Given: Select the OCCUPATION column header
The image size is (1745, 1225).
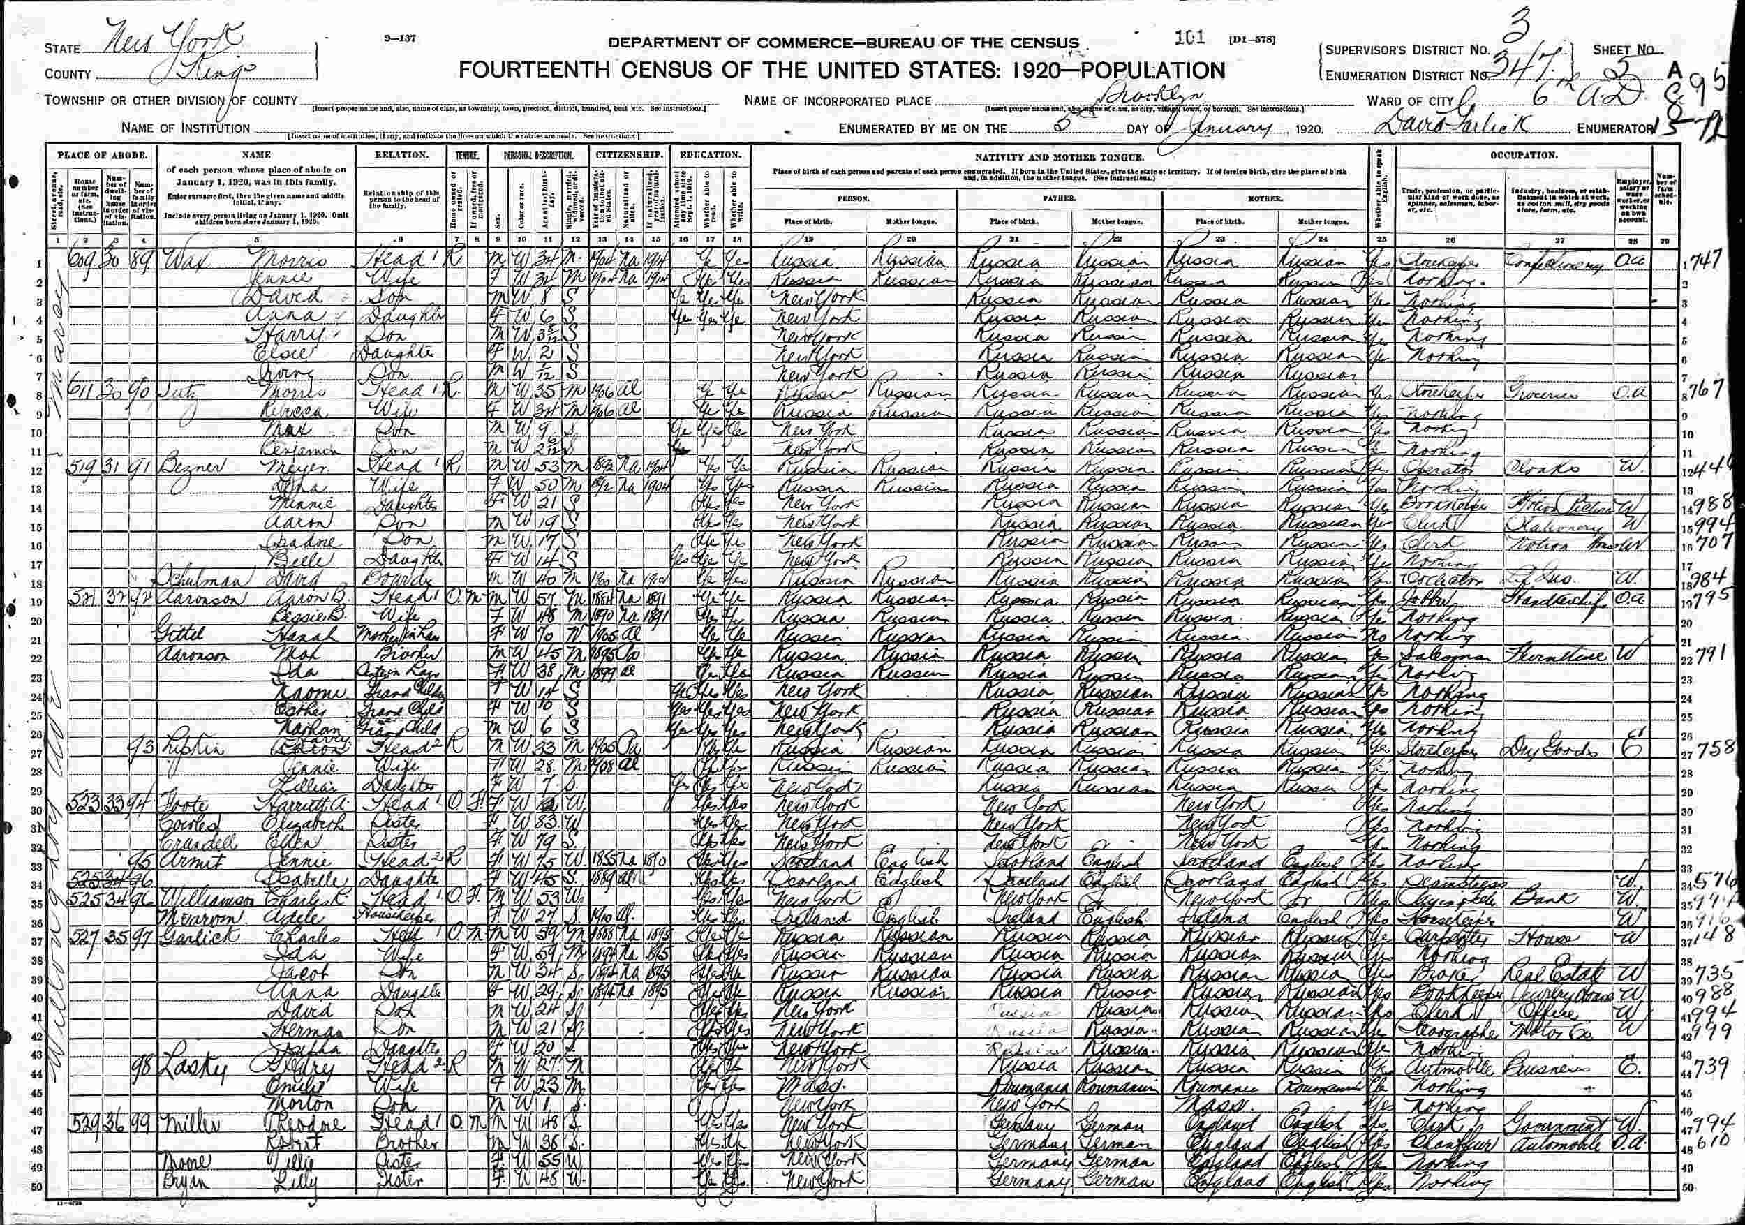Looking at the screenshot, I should tap(1524, 155).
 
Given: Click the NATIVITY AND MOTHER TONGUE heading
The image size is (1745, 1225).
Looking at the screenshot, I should tap(1061, 156).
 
